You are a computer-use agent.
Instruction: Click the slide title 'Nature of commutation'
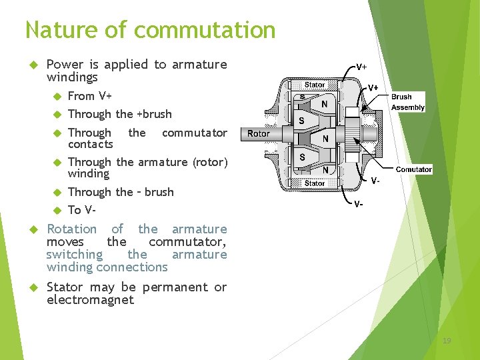click(150, 30)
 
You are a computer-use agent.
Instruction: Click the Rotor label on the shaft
click(258, 133)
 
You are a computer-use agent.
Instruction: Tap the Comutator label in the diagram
click(413, 169)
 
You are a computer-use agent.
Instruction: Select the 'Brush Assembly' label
click(407, 102)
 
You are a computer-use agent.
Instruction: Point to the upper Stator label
click(315, 85)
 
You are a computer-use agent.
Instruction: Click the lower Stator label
click(315, 183)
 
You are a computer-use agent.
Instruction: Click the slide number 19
click(446, 341)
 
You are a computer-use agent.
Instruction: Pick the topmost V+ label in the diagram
click(361, 67)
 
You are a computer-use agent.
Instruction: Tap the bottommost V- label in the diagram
click(359, 203)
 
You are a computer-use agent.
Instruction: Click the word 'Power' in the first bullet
click(65, 65)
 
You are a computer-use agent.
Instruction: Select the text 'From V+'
click(90, 96)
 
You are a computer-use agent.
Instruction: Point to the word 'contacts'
click(91, 144)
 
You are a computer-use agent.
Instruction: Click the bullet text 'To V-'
click(82, 210)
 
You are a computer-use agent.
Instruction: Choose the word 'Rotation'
click(71, 229)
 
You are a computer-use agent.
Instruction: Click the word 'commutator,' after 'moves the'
click(187, 241)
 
